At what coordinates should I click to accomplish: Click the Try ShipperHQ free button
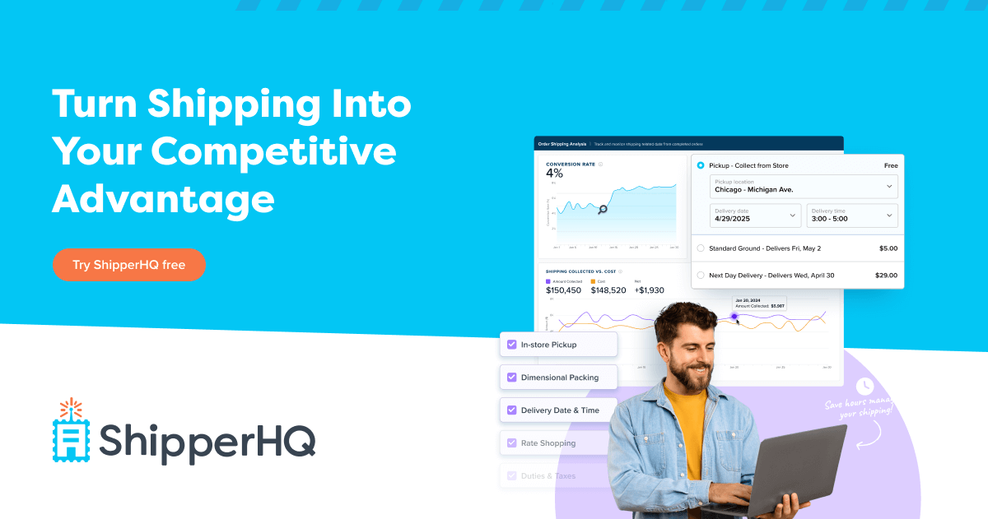128,265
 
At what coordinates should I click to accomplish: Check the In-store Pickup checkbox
511,345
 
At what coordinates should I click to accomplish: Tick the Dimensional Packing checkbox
511,378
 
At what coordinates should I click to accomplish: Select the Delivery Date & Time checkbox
511,410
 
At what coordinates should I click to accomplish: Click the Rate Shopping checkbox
511,443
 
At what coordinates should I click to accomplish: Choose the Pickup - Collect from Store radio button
701,165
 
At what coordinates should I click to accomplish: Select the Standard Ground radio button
701,248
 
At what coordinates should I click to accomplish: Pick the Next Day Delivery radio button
701,276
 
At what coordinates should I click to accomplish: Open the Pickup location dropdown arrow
888,187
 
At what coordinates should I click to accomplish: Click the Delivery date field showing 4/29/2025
755,215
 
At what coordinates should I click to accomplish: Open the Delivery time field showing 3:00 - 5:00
851,215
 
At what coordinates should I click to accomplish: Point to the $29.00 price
886,276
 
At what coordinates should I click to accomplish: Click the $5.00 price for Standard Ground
888,248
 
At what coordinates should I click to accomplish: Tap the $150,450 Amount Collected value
564,290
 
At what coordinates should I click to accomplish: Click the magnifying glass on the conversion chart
603,210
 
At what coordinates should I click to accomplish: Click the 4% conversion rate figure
554,174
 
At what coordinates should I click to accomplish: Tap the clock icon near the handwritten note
864,386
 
